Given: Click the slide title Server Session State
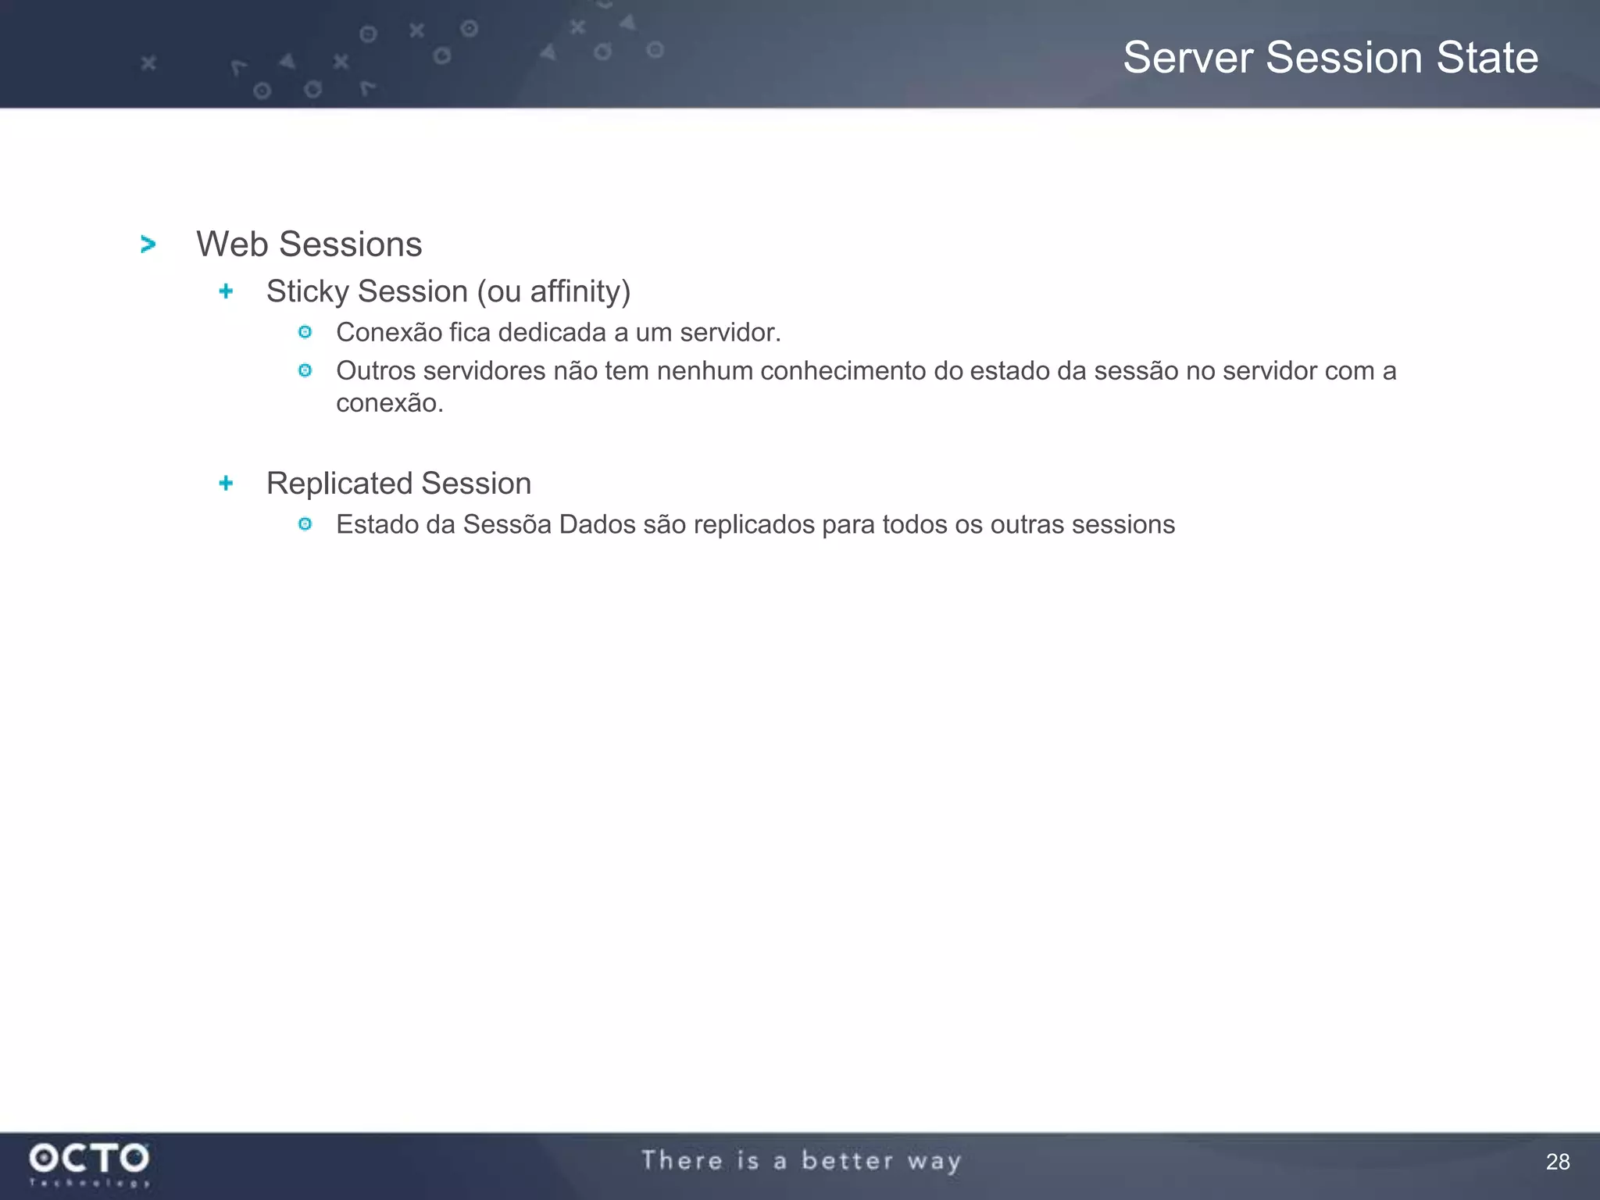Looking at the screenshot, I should click(x=1330, y=58).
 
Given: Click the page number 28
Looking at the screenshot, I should click(x=1557, y=1162).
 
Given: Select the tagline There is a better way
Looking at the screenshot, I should click(x=801, y=1161).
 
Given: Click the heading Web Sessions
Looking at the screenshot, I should click(x=309, y=245).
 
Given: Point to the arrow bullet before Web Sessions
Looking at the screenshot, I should click(x=148, y=245).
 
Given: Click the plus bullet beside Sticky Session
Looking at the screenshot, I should click(x=226, y=291).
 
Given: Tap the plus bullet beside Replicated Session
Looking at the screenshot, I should click(x=226, y=484).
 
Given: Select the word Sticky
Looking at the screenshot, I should click(x=308, y=291).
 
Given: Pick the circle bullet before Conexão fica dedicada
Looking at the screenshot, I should click(x=305, y=333).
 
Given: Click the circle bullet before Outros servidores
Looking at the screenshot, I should click(x=305, y=370).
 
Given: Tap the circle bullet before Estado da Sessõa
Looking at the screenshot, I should click(x=305, y=524).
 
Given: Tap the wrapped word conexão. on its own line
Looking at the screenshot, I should click(x=389, y=403).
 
